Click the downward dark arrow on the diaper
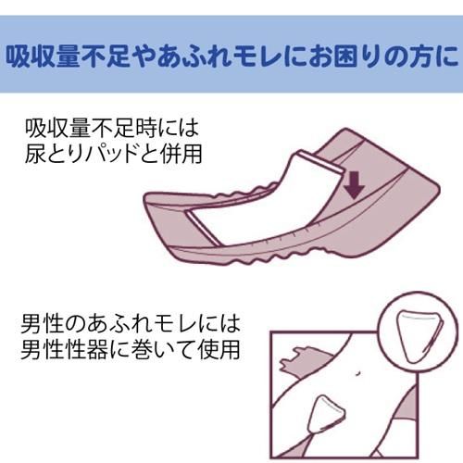click(x=355, y=185)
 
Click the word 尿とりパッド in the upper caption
click(x=82, y=154)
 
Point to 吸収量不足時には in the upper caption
click(x=112, y=128)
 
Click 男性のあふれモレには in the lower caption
click(x=131, y=323)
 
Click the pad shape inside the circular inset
click(x=419, y=335)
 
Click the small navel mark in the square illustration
click(x=357, y=373)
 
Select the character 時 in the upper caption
click(x=145, y=128)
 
